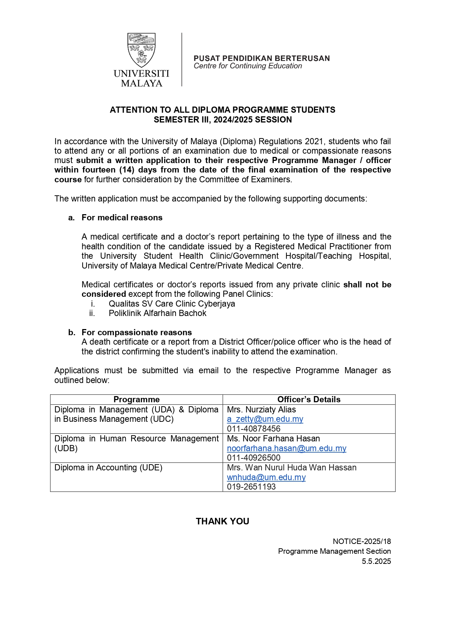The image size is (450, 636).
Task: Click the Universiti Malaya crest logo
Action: point(141,50)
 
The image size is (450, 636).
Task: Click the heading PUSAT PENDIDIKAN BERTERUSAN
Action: point(261,58)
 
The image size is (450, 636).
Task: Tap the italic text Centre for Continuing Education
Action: point(248,66)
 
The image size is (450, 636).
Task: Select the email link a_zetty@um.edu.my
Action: point(265,419)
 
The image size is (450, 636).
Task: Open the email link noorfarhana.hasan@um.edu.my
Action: point(286,448)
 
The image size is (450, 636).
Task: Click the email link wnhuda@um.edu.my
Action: point(266,477)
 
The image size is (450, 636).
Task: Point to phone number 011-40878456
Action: point(253,429)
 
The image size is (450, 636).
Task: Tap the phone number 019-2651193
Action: point(251,487)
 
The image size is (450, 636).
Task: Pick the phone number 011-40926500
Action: point(253,458)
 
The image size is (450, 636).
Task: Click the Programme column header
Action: point(136,399)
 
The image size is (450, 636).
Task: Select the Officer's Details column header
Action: point(309,399)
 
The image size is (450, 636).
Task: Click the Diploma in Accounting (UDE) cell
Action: point(108,467)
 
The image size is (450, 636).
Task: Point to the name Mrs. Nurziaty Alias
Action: point(261,410)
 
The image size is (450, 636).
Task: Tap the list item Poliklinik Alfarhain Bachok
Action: point(157,313)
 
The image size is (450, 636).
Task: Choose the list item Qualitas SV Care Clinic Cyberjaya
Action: point(172,304)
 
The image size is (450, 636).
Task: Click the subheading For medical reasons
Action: point(122,217)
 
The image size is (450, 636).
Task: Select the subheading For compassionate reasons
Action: point(137,332)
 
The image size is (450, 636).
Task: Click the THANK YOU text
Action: point(222,521)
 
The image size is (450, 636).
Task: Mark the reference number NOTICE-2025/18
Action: point(362,541)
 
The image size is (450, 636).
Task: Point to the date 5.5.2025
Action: point(376,561)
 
